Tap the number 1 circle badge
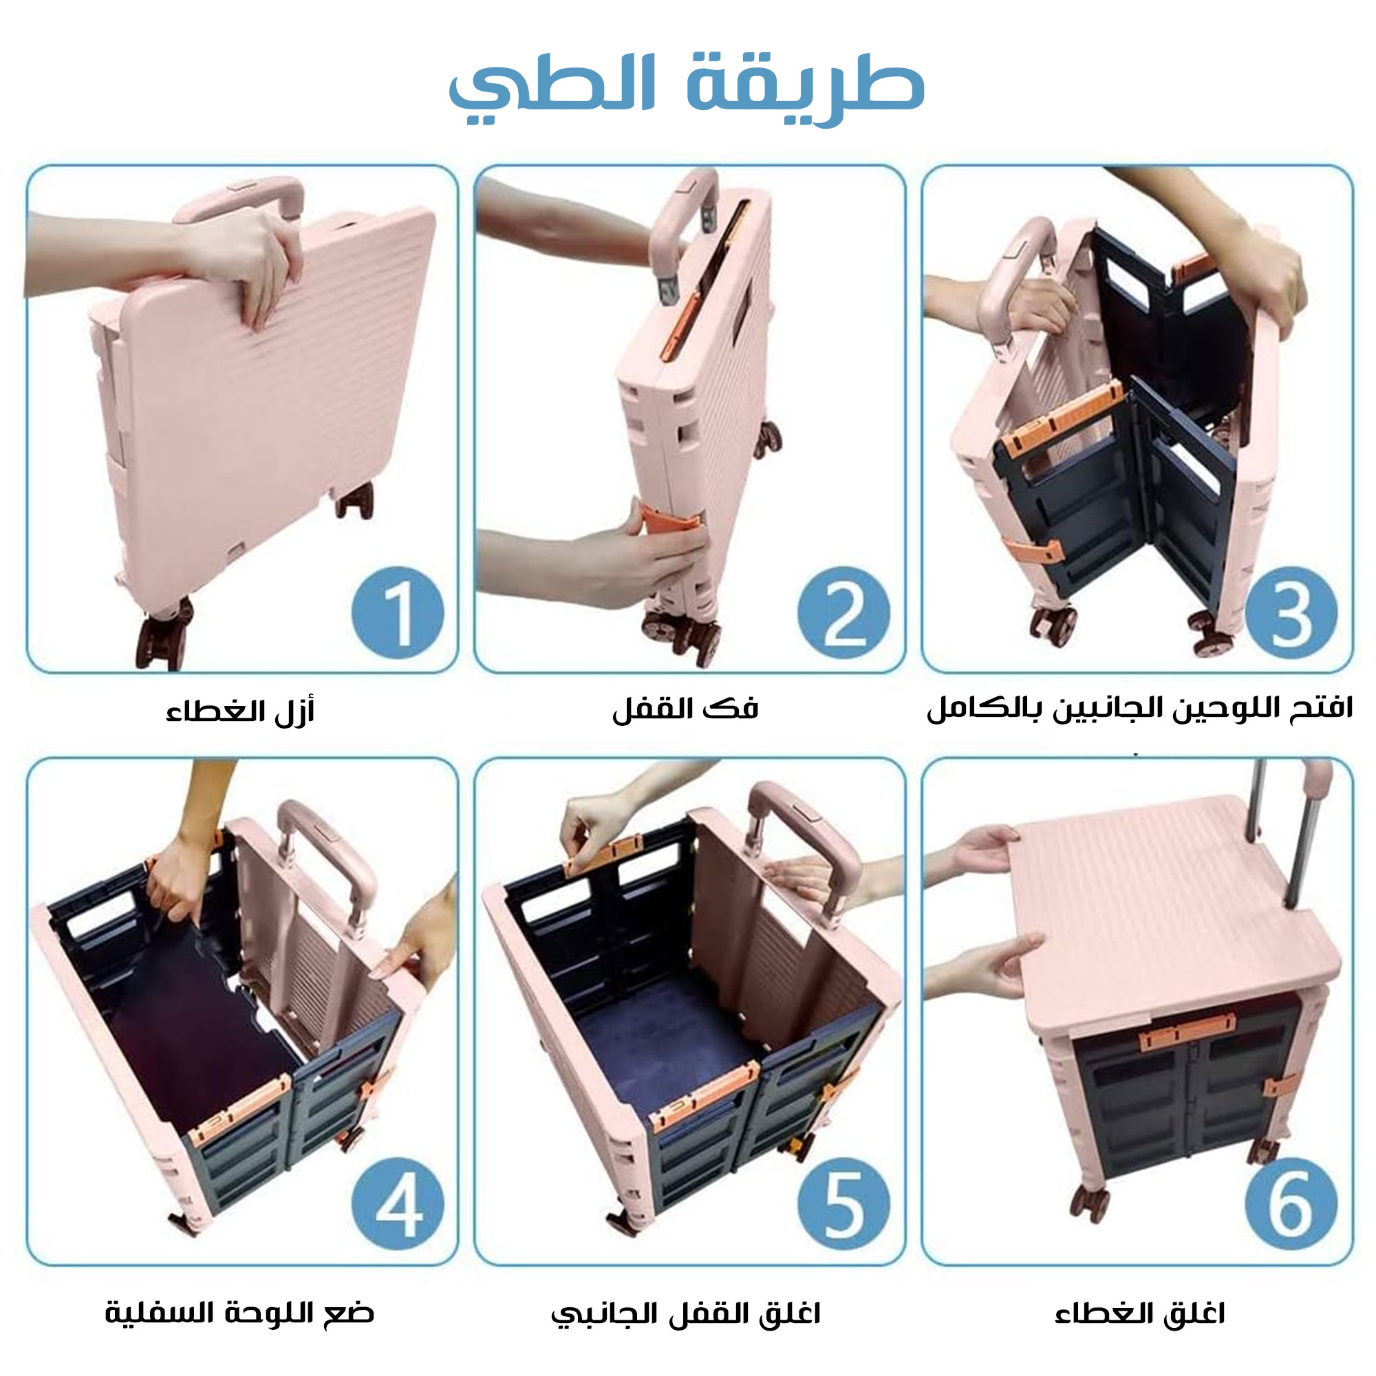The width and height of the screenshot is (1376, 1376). point(398,613)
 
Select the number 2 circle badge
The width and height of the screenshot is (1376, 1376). point(844,613)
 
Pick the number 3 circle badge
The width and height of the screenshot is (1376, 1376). point(1291,613)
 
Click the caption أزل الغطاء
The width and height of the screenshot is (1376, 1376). point(240,711)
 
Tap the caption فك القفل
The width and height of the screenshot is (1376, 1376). point(685,709)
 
